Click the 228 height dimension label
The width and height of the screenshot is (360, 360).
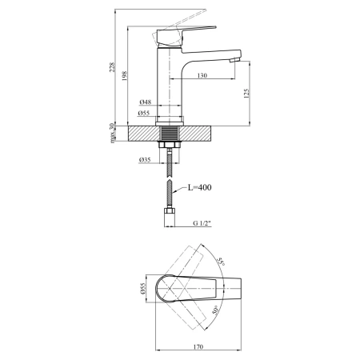pos(113,67)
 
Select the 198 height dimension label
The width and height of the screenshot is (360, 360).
pos(125,76)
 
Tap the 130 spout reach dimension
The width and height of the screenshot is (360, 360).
pos(202,75)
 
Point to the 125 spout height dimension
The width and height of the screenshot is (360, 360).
pos(246,94)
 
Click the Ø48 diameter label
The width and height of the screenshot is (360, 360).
pos(145,102)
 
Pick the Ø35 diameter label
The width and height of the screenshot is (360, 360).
pos(145,160)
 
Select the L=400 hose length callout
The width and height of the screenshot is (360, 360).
pos(200,187)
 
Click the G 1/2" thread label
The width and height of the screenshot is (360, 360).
pos(202,223)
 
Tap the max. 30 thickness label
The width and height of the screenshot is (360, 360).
pos(113,133)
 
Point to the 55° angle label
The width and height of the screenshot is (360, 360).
pos(221,262)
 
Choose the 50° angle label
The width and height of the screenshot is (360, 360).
pos(215,310)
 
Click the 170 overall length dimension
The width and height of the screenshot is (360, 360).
pos(198,346)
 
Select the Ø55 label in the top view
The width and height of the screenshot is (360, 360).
pos(142,289)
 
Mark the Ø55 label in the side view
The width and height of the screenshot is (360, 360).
pos(144,113)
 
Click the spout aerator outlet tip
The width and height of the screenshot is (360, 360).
pos(234,60)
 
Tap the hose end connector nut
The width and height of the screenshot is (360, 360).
pos(170,210)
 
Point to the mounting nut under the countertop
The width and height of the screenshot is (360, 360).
pos(170,145)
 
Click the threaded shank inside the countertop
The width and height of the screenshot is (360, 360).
pos(170,134)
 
